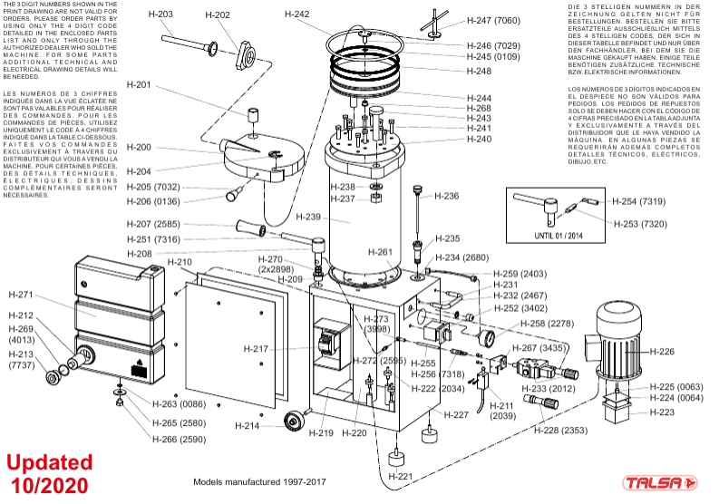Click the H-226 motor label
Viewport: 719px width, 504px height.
click(665, 352)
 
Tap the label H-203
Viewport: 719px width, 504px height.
click(159, 15)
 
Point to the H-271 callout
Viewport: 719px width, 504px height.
click(21, 295)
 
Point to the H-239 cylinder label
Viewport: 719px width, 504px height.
click(309, 218)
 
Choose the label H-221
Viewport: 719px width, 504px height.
click(400, 477)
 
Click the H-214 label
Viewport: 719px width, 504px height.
click(248, 426)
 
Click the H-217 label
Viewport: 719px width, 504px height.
click(257, 349)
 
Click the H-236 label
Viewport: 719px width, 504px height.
click(447, 196)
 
